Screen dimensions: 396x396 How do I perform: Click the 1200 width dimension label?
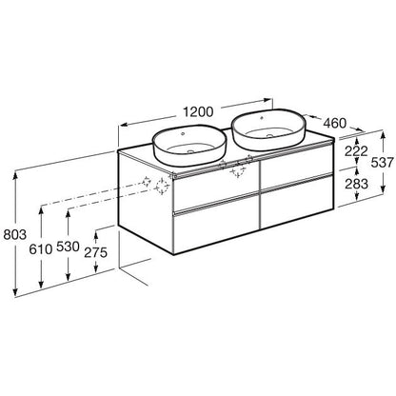[199, 111]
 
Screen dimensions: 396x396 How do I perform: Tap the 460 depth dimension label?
[335, 123]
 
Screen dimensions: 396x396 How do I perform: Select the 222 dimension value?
[356, 151]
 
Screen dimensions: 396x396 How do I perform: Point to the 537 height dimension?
[382, 163]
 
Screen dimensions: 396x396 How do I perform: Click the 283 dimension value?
[356, 184]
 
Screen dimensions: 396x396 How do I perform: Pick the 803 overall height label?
[14, 235]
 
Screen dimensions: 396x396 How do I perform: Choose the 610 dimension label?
[41, 249]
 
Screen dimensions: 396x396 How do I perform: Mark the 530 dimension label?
[68, 247]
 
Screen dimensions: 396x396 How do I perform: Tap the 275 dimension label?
[96, 252]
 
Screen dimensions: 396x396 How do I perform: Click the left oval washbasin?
[189, 146]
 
